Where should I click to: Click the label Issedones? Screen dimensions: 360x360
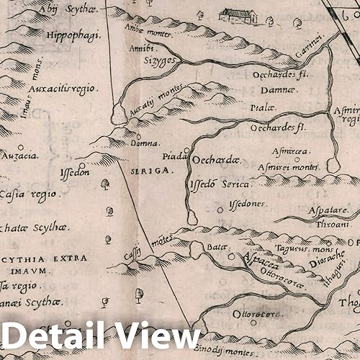pyautogui.click(x=247, y=204)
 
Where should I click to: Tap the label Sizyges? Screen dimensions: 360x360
pyautogui.click(x=143, y=61)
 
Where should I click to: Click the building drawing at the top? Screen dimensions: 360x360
pyautogui.click(x=241, y=14)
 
